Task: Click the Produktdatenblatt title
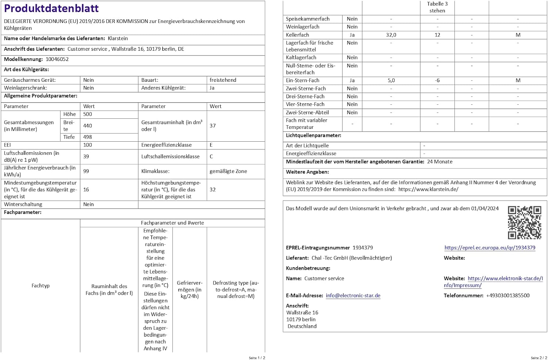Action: pyautogui.click(x=51, y=8)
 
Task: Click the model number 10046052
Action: pyautogui.click(x=57, y=59)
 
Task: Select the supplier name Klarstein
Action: pyautogui.click(x=118, y=38)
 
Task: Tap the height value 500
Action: pyautogui.click(x=88, y=114)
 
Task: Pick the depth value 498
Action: pyautogui.click(x=88, y=137)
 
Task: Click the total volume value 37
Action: pyautogui.click(x=213, y=126)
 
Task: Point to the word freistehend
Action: pyautogui.click(x=223, y=80)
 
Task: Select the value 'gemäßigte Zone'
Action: pyautogui.click(x=228, y=171)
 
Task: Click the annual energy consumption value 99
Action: pyautogui.click(x=86, y=171)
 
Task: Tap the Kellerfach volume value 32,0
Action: pyautogui.click(x=391, y=35)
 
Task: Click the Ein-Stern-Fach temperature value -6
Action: pyautogui.click(x=437, y=80)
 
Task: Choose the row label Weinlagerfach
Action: pyautogui.click(x=302, y=27)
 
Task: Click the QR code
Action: pyautogui.click(x=524, y=222)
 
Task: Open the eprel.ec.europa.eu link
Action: pyautogui.click(x=490, y=248)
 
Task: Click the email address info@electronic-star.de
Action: pyautogui.click(x=353, y=296)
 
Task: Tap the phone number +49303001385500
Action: pyautogui.click(x=507, y=296)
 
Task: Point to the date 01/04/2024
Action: pyautogui.click(x=484, y=208)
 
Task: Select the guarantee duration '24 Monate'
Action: pyautogui.click(x=439, y=162)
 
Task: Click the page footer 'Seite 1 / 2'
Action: pyautogui.click(x=257, y=358)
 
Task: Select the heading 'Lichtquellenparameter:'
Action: pyautogui.click(x=313, y=135)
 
